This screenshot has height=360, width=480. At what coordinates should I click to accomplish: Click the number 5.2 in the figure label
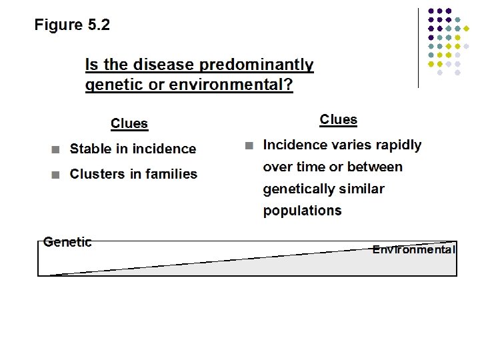pos(99,25)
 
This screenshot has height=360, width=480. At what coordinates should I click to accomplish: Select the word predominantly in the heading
pos(257,65)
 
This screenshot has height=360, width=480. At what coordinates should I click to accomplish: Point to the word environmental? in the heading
pos(231,85)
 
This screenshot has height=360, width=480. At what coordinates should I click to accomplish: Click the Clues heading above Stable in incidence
pos(129,123)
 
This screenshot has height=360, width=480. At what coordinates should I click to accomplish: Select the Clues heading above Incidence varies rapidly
pos(338,119)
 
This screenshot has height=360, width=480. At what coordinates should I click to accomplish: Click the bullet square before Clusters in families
pos(57,175)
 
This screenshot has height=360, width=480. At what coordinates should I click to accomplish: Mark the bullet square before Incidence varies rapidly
pos(249,145)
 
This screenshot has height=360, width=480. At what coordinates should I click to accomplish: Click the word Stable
pos(91,149)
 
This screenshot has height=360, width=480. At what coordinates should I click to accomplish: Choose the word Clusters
pos(97,174)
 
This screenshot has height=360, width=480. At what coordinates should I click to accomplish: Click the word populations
pos(302,211)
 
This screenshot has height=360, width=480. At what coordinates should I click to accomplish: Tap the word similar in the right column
pos(363,189)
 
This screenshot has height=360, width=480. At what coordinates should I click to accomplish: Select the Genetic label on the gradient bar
pos(67,242)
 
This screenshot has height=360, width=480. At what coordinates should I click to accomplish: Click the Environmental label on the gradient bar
pos(414,250)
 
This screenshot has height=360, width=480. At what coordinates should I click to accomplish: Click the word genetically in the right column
pos(301,189)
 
